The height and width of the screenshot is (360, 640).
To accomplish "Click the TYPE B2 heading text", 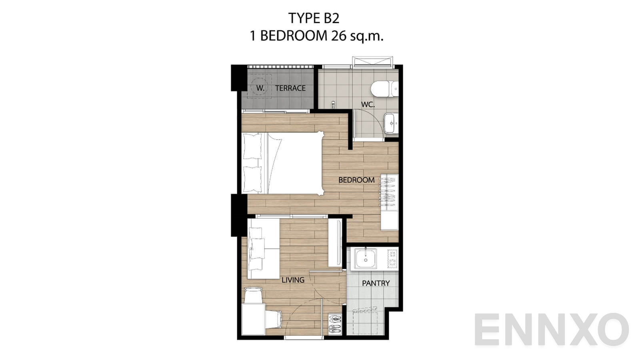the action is coord(314,18).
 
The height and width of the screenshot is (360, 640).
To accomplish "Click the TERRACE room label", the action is coord(290,88).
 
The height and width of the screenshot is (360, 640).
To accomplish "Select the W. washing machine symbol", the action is coord(260,88).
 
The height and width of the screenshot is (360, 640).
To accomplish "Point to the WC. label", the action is coord(368,104).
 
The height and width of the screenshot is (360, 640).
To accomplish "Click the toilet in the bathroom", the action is coord(384,88).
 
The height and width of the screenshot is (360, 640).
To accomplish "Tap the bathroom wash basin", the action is coord(391,123).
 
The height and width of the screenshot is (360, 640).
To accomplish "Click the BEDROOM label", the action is coord(356,180).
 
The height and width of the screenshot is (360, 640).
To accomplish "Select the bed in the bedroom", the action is coord(283,164).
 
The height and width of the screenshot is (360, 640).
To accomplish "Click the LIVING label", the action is coord(293,280).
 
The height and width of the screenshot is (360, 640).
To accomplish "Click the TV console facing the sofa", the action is coord(335,242).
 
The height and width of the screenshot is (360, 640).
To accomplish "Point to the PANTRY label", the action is coord(376,283).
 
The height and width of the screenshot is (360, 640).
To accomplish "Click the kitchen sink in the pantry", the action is coord(366,258).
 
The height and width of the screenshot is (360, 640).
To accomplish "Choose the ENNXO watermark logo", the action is coord(552,329).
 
